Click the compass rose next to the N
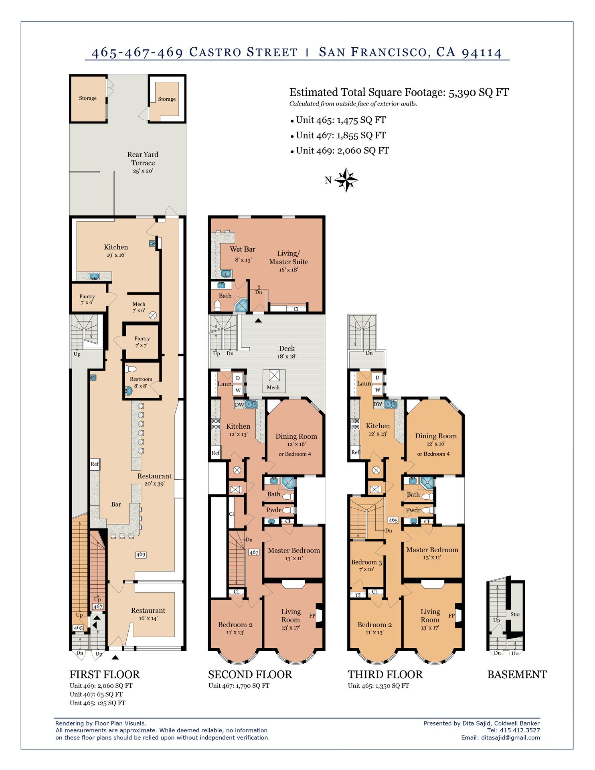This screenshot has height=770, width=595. click(x=346, y=180)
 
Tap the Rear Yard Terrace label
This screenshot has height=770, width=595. click(x=143, y=159)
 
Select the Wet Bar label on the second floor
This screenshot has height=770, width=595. click(x=243, y=249)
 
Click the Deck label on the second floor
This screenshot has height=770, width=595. click(x=287, y=349)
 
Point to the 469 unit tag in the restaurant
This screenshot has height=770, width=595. click(x=141, y=555)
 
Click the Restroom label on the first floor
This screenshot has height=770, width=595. click(x=141, y=379)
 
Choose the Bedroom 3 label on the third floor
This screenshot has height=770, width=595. click(x=366, y=562)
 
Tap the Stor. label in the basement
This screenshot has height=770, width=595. click(x=516, y=614)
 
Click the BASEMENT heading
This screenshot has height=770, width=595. click(x=517, y=675)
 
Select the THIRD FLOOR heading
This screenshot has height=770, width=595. click(x=385, y=675)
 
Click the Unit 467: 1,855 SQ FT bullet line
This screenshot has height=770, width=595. click(x=341, y=136)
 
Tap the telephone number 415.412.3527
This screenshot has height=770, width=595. click(x=520, y=730)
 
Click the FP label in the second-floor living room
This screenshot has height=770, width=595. click(x=312, y=616)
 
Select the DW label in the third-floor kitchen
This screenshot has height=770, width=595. click(x=378, y=404)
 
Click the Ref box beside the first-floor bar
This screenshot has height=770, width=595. click(x=95, y=464)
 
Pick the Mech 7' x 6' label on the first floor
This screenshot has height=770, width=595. click(x=139, y=307)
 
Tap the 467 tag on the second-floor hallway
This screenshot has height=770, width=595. click(x=254, y=552)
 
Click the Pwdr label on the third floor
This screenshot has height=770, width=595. click(x=413, y=511)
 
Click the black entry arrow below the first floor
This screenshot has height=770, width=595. click(x=115, y=657)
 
